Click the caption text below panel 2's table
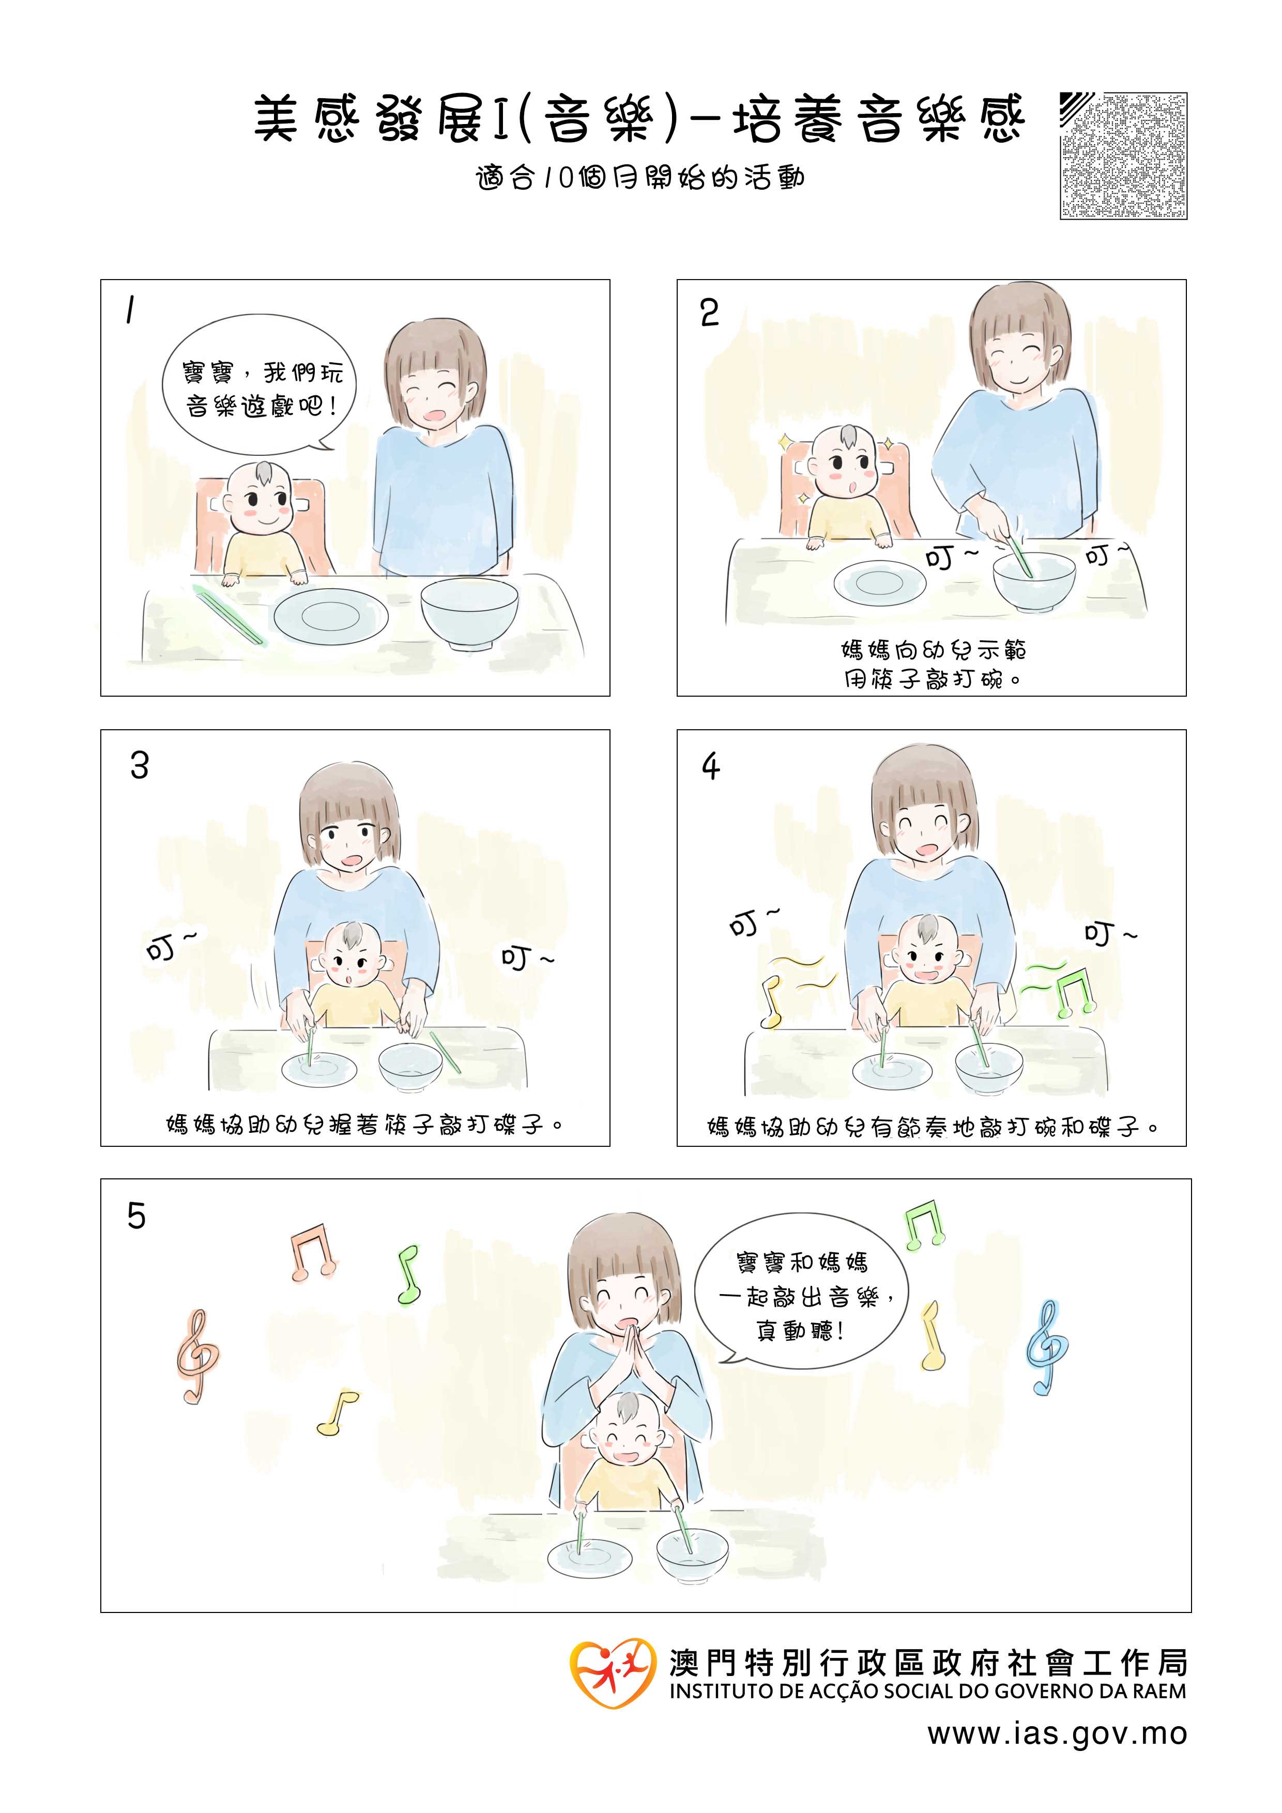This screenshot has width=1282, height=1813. (933, 663)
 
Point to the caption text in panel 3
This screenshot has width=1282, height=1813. (364, 1125)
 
